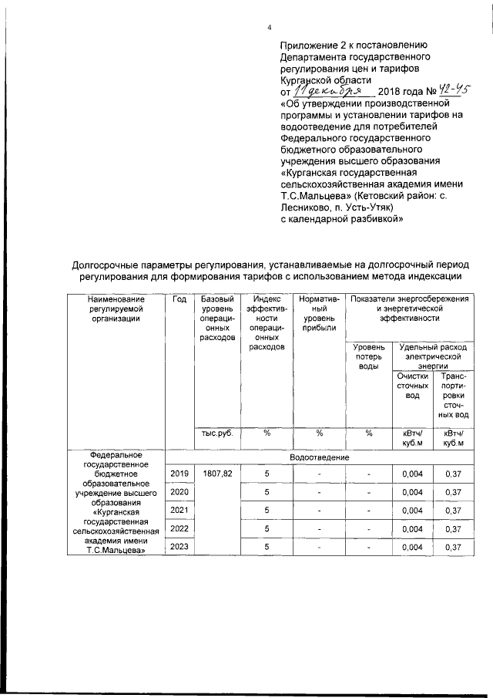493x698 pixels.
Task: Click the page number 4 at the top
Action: [270, 29]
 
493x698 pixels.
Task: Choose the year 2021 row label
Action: [179, 510]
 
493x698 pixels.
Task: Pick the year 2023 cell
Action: [179, 547]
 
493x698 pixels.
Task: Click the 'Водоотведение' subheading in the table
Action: [318, 457]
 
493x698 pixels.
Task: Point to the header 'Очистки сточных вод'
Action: [413, 385]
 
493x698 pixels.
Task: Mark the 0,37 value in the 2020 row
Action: [453, 491]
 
